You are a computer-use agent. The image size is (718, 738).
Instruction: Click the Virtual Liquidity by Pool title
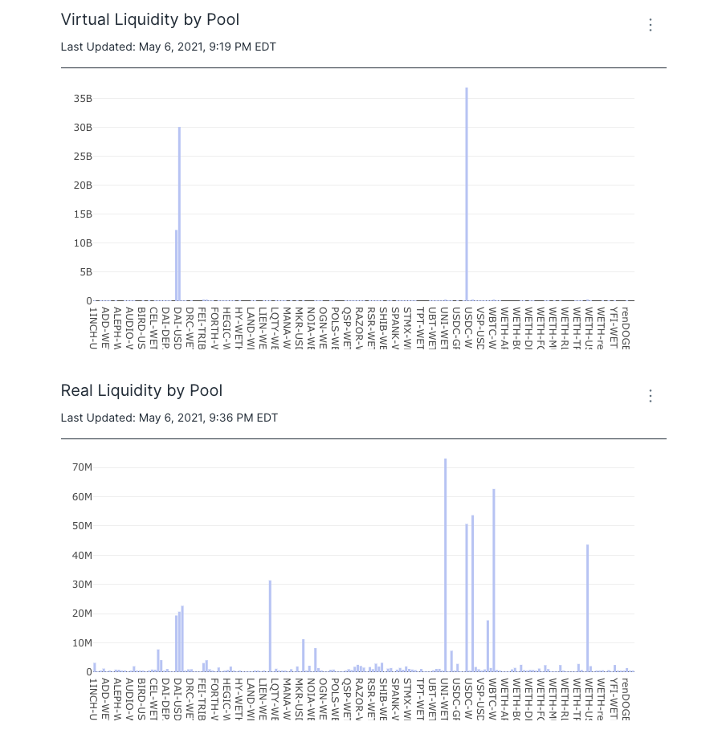click(x=150, y=20)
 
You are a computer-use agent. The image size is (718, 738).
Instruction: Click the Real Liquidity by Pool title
click(x=141, y=391)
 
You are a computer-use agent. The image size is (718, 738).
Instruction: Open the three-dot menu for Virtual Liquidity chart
click(x=651, y=25)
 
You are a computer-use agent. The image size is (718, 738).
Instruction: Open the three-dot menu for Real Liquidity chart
click(x=651, y=396)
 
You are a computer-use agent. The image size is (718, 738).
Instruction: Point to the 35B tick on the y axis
click(x=83, y=99)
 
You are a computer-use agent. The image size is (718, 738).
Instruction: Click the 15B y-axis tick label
click(x=83, y=214)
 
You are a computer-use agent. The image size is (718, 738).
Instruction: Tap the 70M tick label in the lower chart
click(x=82, y=467)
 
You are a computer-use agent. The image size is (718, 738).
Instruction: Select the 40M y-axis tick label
click(x=82, y=555)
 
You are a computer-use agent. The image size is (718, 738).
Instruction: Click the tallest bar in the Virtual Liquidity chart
click(x=466, y=193)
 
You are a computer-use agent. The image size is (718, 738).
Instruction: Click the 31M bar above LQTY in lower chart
click(x=270, y=626)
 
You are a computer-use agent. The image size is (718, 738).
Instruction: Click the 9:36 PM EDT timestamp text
click(x=242, y=418)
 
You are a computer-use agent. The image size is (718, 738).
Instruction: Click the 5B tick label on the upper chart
click(x=85, y=272)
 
